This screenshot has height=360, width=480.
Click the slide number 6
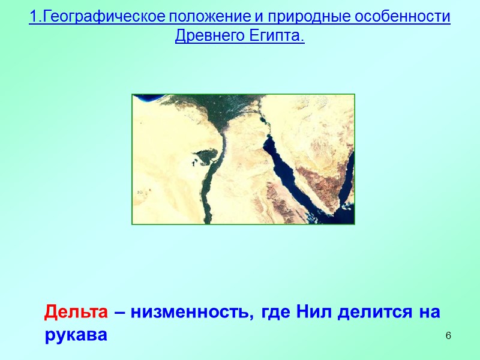point(448,334)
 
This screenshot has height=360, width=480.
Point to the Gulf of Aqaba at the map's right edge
point(345,180)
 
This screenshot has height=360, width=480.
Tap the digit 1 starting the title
point(32,17)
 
